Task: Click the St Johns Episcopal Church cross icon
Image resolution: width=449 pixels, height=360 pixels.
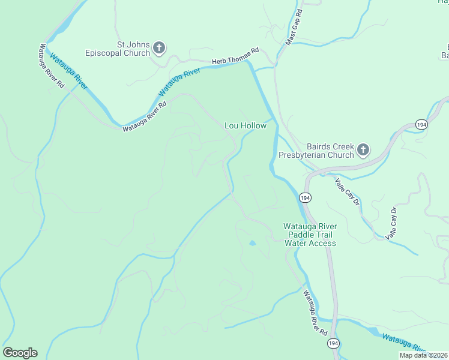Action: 159,47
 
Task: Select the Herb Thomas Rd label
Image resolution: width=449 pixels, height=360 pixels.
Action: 235,56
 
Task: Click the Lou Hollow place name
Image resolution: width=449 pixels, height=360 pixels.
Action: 245,126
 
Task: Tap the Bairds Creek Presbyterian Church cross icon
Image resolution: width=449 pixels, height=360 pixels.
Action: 363,149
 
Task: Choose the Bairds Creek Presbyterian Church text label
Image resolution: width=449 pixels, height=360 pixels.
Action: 316,151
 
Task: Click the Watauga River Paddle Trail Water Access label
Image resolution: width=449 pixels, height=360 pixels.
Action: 310,235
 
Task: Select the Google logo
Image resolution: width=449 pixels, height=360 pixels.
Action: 20,353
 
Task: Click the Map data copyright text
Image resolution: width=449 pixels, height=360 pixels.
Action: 424,355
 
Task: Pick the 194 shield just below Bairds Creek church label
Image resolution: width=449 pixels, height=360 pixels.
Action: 305,197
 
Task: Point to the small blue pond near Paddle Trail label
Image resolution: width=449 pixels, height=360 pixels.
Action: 252,243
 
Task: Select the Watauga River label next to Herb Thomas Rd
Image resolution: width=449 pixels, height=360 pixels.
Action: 179,83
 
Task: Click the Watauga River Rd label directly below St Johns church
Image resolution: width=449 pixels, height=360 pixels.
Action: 144,116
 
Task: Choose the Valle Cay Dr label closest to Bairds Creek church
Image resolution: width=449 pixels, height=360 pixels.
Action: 347,192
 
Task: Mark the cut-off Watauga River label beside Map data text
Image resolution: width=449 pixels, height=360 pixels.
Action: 403,341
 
